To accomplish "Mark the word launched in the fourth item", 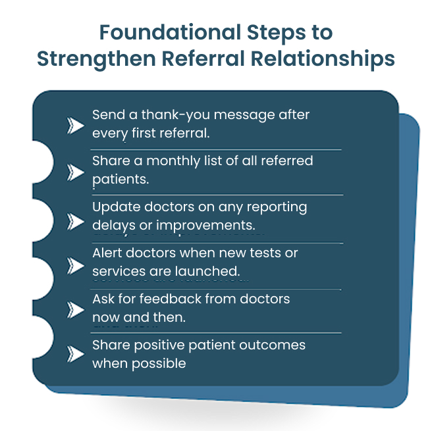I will click(212, 270).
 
